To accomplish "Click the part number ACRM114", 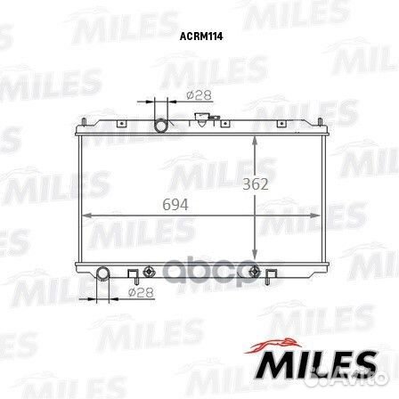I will [199, 37].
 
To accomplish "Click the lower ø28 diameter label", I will [136, 292].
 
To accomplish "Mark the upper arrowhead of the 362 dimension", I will [256, 141].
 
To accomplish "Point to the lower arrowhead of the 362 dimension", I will [256, 255].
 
